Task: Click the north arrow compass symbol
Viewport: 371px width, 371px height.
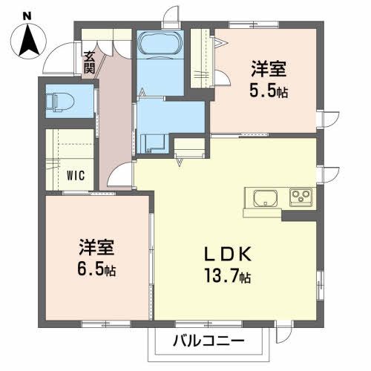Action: [x=29, y=38]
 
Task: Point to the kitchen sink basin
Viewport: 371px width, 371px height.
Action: [x=265, y=198]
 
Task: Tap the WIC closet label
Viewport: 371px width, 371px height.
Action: [x=75, y=176]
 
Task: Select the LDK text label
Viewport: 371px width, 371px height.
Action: [x=229, y=255]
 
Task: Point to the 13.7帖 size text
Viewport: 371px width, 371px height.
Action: [x=229, y=278]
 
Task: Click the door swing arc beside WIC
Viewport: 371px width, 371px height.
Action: [x=118, y=177]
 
